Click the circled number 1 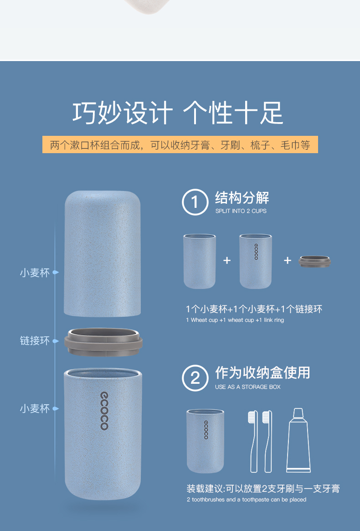coord(195,202)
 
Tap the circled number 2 coord(195,378)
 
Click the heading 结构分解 coord(242,198)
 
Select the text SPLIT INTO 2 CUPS coord(241,211)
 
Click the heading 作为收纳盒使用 coord(262,373)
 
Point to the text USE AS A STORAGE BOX coord(247,387)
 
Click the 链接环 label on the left coord(35,340)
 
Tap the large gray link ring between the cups coord(103,342)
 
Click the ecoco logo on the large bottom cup coord(104,411)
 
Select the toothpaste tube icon coord(298,440)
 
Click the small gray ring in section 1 coord(314,262)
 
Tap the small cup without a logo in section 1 coord(200,261)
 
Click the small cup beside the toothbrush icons coord(205,441)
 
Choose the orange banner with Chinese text coord(180,144)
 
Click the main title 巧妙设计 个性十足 coord(178,113)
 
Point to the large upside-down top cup coord(102,253)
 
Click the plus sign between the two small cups coord(227,260)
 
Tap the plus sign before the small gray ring coord(288,260)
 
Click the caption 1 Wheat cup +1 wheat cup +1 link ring coord(235,320)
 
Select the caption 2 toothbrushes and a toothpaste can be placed coord(247,500)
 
